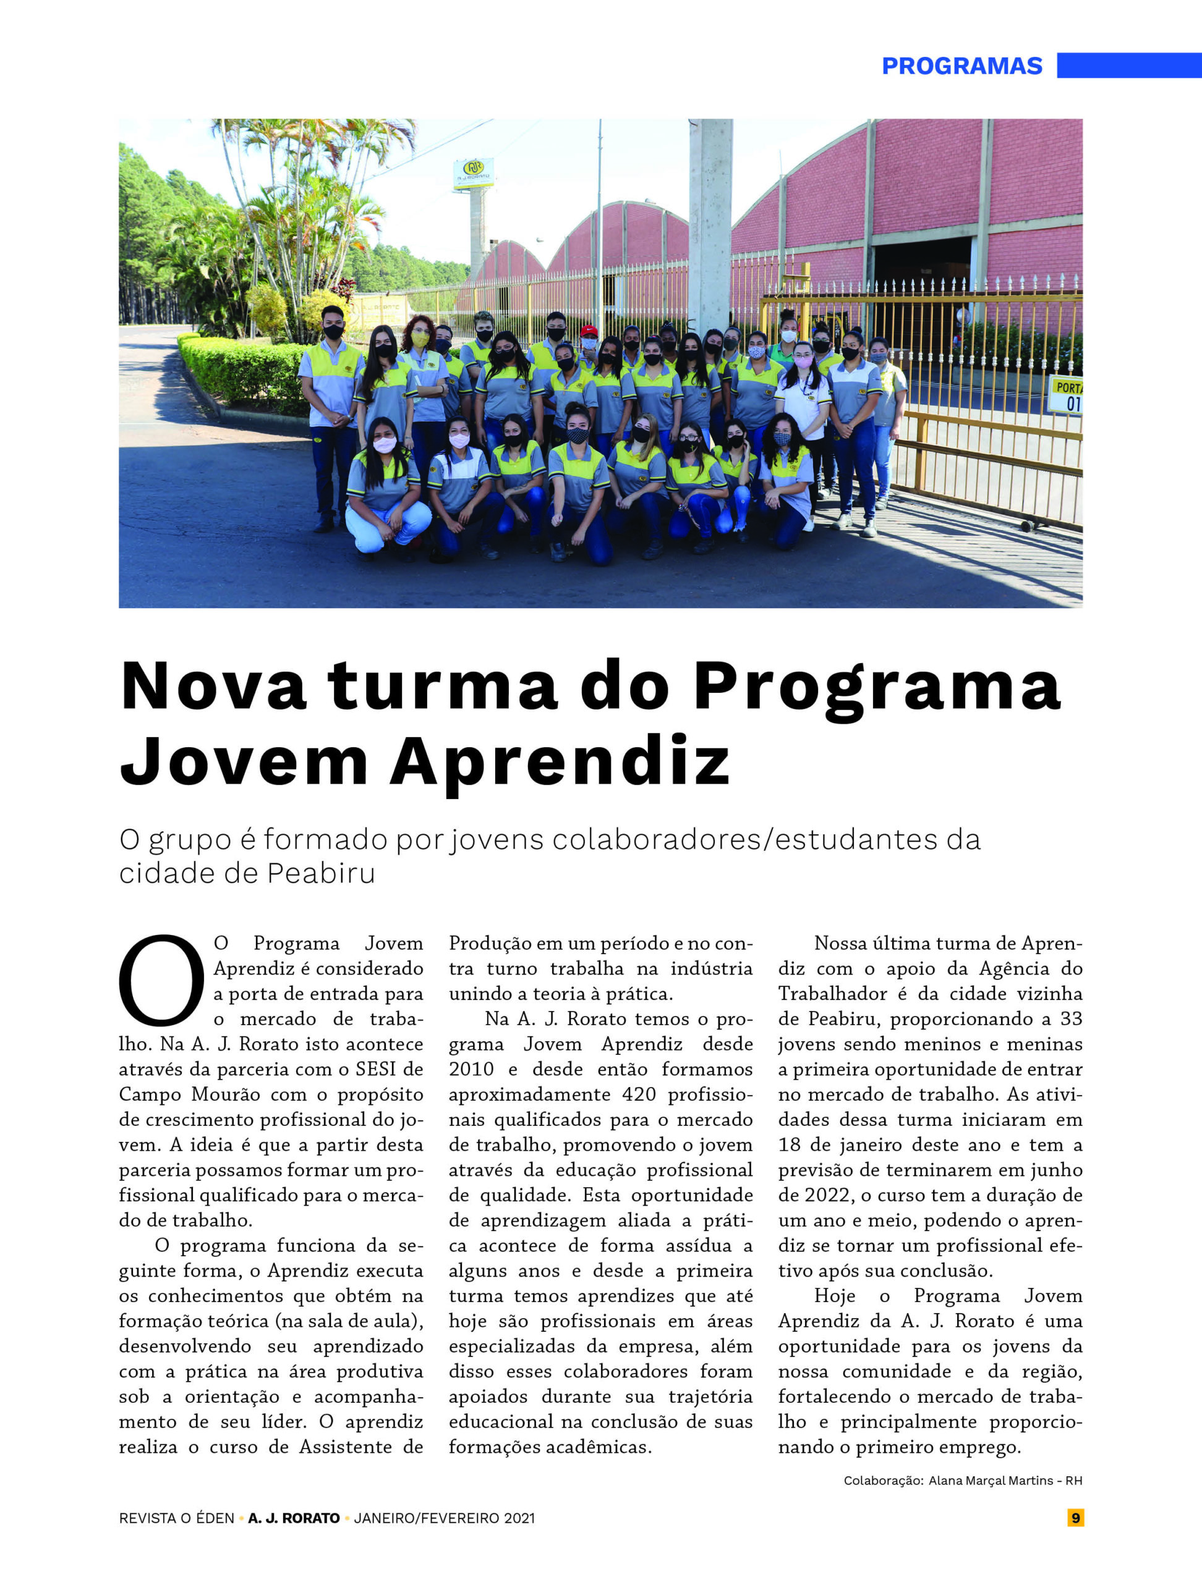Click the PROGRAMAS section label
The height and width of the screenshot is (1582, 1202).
961,66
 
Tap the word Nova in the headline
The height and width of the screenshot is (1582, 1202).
213,686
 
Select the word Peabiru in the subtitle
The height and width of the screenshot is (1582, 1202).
322,873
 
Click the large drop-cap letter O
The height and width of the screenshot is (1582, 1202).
162,981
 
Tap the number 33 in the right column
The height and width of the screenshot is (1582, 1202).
1071,1019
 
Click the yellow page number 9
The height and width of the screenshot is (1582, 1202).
1075,1518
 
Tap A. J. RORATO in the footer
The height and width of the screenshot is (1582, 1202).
294,1518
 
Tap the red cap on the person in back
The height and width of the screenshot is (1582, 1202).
589,331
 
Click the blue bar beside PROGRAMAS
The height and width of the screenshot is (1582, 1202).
1129,65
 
